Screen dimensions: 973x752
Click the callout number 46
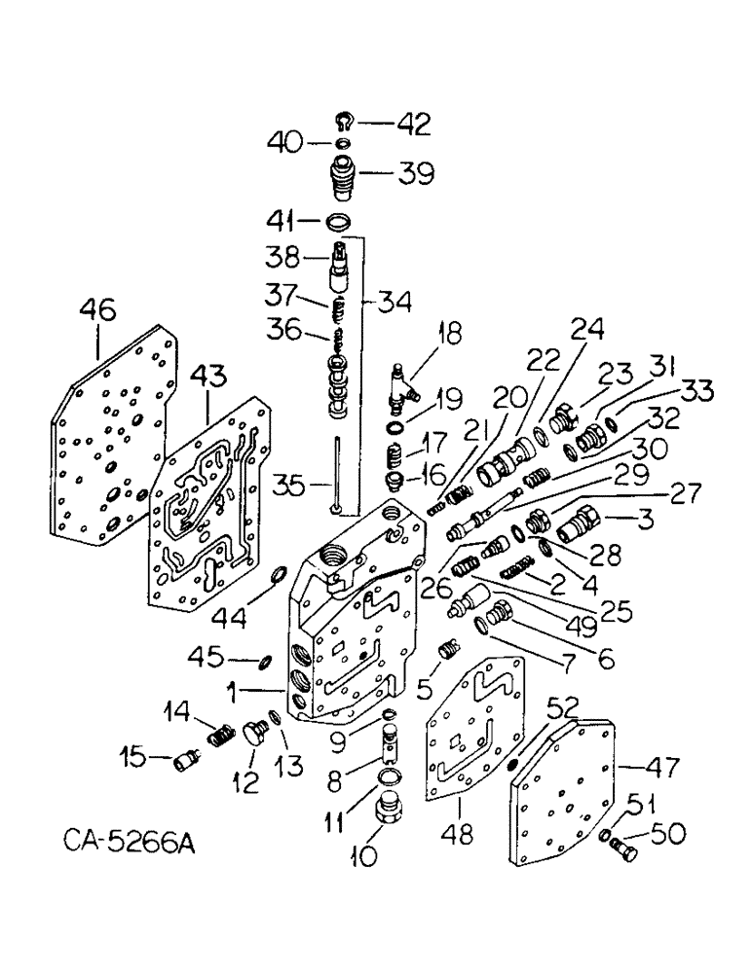[x=99, y=312]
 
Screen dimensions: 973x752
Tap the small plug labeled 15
[x=183, y=763]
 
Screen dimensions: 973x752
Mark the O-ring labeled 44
[x=278, y=579]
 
